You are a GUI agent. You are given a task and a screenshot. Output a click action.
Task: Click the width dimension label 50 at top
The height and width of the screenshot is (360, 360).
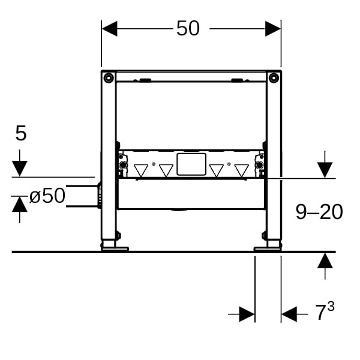(x=188, y=28)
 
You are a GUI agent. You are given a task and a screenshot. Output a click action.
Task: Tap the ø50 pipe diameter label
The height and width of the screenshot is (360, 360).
(x=47, y=196)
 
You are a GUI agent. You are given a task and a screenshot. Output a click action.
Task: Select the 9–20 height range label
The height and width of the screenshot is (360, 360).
(x=319, y=212)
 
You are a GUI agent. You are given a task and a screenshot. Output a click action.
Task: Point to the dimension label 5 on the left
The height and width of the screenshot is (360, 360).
(x=21, y=133)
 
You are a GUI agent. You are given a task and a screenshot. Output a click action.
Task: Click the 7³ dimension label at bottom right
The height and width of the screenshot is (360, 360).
(x=325, y=311)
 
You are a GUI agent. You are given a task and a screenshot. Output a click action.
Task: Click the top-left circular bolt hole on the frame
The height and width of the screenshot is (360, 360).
(x=109, y=78)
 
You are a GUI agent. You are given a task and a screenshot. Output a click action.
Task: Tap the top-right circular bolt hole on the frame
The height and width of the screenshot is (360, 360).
(x=274, y=78)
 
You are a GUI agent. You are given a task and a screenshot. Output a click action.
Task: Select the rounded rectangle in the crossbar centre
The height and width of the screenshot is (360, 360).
(x=191, y=164)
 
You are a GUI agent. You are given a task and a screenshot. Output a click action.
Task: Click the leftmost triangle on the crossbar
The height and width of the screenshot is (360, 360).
(x=141, y=170)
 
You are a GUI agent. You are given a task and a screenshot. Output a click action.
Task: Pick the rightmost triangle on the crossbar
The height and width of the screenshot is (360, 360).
(x=242, y=170)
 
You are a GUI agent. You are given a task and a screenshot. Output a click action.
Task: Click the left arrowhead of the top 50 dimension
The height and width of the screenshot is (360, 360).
(x=110, y=29)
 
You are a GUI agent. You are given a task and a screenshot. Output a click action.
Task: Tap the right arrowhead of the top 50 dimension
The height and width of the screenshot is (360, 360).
(x=273, y=29)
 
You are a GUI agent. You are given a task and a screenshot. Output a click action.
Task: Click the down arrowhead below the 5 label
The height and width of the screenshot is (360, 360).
(x=20, y=169)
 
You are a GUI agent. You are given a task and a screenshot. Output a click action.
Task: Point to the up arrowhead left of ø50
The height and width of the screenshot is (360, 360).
(x=20, y=204)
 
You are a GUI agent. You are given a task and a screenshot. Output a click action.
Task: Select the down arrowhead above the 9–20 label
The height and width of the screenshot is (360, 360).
(x=325, y=170)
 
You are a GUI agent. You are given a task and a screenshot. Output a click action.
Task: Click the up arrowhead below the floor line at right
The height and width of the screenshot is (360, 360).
(x=325, y=260)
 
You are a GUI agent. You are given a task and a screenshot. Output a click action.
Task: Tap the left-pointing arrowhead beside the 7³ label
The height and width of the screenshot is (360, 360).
(x=289, y=314)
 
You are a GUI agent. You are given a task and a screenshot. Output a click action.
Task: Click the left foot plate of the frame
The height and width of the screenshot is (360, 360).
(x=115, y=249)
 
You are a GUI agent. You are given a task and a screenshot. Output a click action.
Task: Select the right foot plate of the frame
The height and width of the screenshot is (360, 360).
(x=268, y=249)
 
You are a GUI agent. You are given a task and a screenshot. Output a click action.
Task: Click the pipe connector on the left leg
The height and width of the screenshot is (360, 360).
(x=99, y=196)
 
